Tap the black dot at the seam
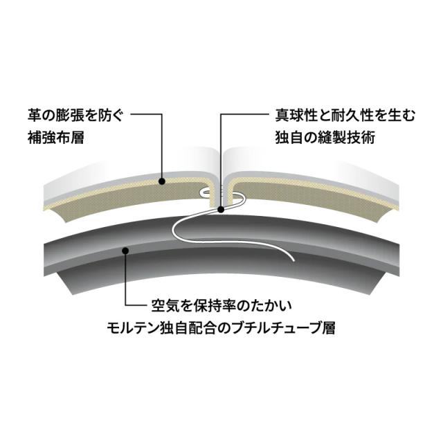[x=220, y=208]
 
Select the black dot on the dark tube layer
[x=125, y=251]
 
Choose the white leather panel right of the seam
[x=318, y=170]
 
